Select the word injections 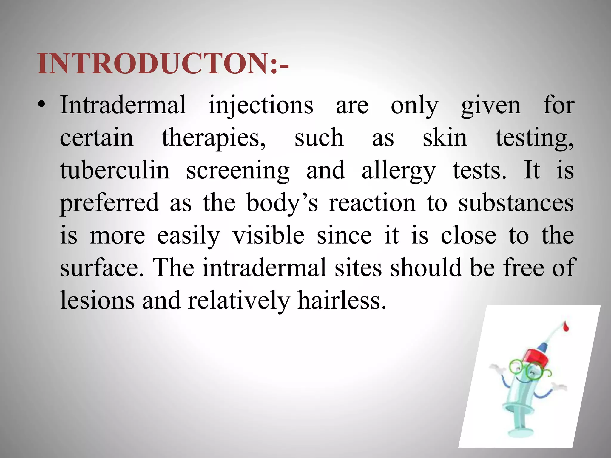pos(261,106)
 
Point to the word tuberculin pos(115,170)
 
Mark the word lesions pos(97,300)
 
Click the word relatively pos(239,300)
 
